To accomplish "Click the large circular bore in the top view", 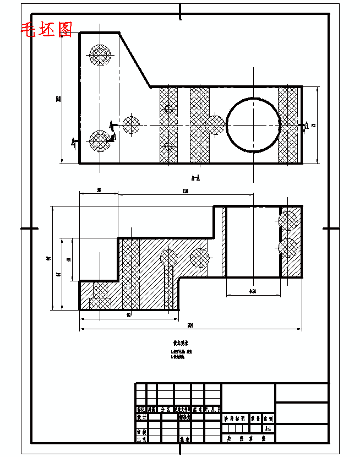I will [x=253, y=124].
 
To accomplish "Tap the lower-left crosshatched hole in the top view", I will [x=100, y=142].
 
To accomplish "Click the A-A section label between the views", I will [x=195, y=178].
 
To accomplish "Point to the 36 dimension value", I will [x=99, y=190].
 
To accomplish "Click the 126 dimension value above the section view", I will [x=185, y=191].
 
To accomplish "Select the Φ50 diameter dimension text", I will [x=253, y=291].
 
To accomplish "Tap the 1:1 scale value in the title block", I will [x=268, y=428].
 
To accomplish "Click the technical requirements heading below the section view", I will [x=181, y=342].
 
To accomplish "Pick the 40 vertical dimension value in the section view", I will [x=68, y=260].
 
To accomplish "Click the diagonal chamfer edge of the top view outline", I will [x=135, y=59].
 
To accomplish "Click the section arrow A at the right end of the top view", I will [x=306, y=126].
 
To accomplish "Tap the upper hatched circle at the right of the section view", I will [x=288, y=220].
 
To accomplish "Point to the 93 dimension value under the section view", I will [x=129, y=315].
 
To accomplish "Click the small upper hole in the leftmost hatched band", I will [x=169, y=108].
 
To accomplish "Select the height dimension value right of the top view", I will [x=313, y=125].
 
